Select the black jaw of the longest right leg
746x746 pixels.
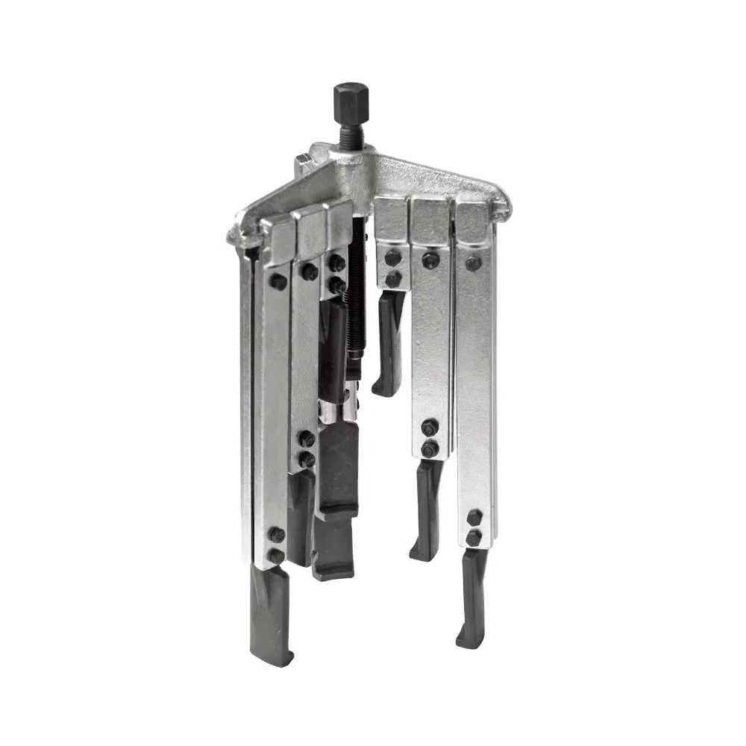472,597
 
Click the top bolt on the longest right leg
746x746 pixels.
473,263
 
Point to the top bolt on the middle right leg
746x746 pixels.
430,260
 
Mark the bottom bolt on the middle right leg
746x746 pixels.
430,450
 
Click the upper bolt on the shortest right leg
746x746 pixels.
393,258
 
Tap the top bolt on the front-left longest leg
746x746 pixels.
278,282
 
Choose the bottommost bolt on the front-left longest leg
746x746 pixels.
277,556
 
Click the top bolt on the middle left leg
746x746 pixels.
309,272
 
